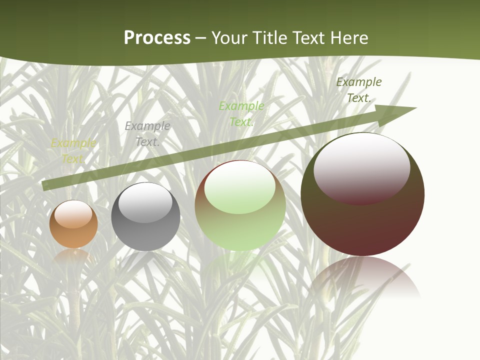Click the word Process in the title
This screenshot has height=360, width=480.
(157, 38)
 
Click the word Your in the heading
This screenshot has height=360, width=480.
(229, 38)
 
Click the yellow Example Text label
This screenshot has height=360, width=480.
(73, 151)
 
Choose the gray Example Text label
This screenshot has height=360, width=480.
(147, 134)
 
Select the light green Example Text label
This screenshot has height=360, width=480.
(241, 113)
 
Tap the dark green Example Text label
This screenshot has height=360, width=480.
(359, 90)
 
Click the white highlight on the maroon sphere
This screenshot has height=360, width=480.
(361, 167)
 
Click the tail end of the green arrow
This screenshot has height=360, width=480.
(45, 185)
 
